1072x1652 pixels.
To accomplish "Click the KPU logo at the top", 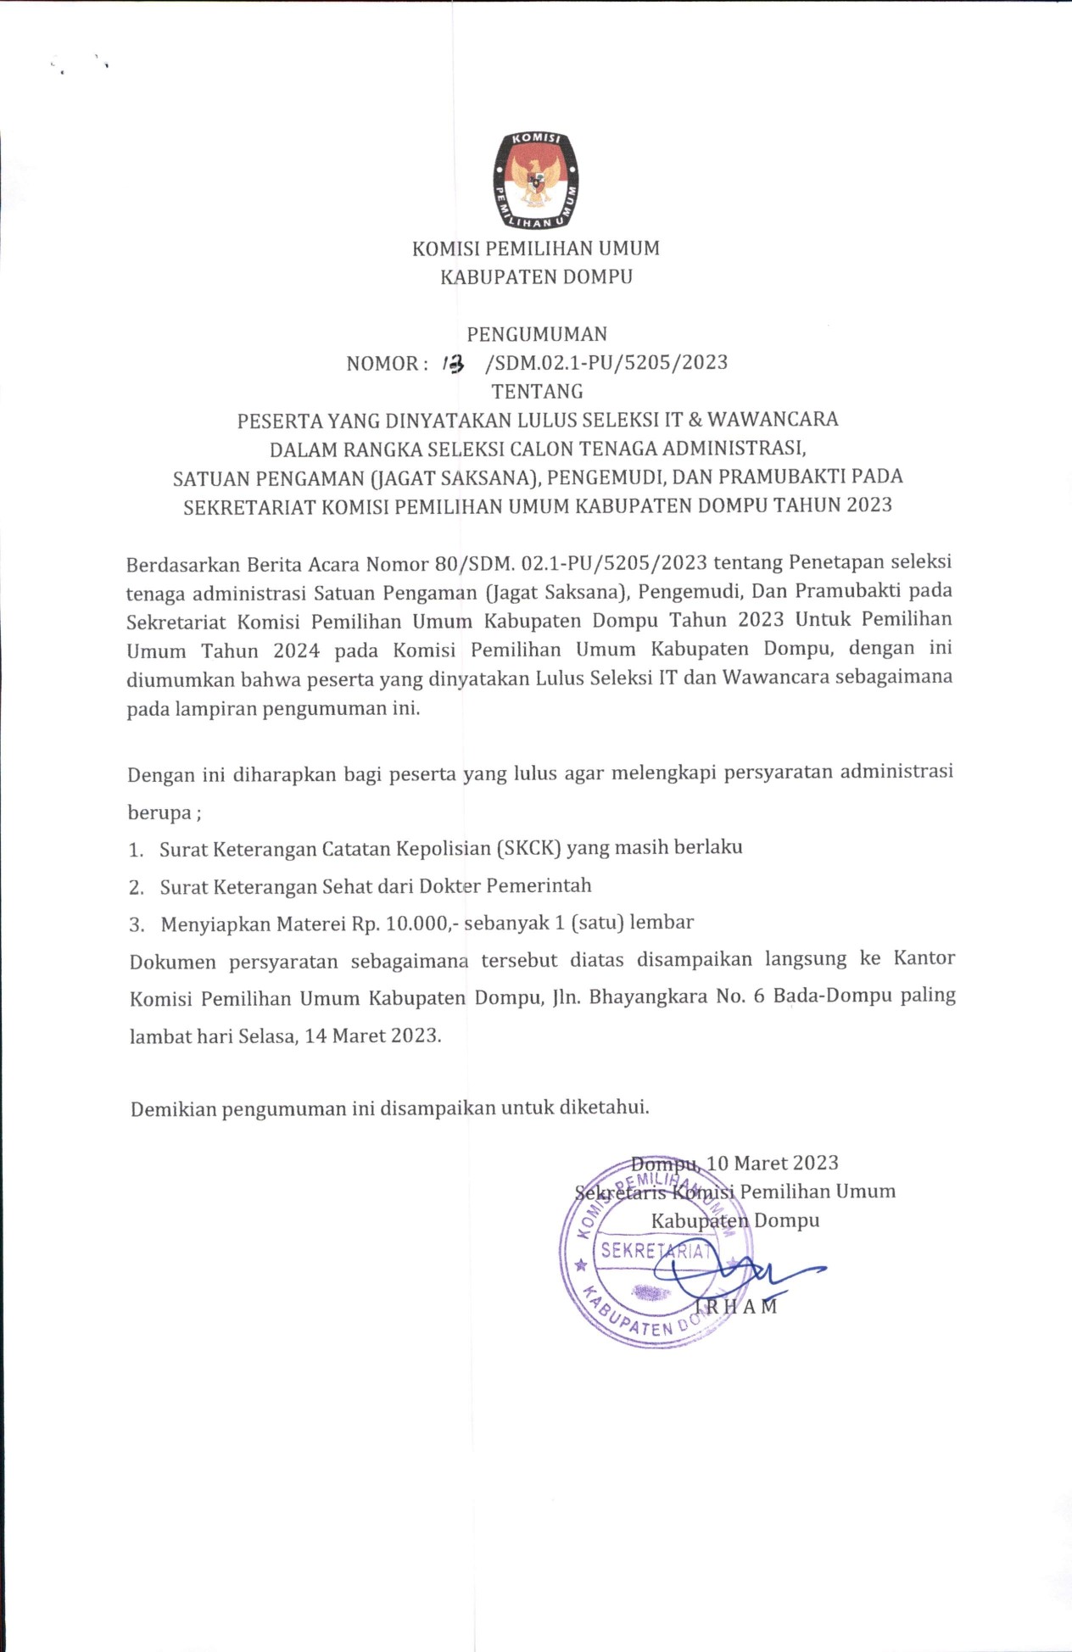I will (x=536, y=181).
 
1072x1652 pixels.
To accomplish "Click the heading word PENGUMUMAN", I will (x=537, y=334).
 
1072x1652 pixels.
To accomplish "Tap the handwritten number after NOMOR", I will (x=454, y=364).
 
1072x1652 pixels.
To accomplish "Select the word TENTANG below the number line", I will (x=537, y=392).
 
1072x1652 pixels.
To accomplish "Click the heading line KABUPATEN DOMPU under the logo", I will (x=536, y=276).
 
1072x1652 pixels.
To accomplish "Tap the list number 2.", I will (x=136, y=888).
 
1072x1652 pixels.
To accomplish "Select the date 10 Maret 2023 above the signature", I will (x=773, y=1163).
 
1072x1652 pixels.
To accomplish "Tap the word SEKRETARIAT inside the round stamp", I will (x=655, y=1251).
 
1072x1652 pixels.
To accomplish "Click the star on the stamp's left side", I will (x=581, y=1265).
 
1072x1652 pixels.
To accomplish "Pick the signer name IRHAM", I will (x=735, y=1307).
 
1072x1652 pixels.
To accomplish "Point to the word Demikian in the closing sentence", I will (x=174, y=1109).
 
